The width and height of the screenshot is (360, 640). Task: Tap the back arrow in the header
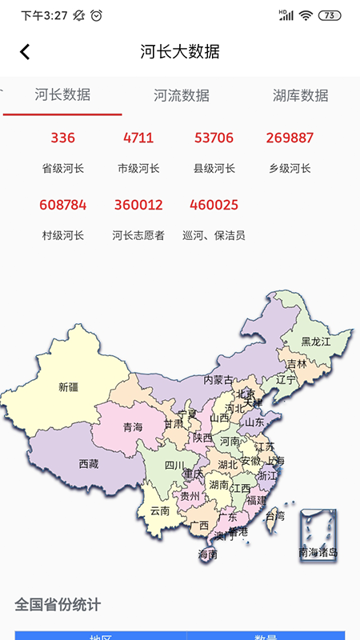tap(25, 52)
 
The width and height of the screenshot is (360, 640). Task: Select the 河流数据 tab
tap(182, 95)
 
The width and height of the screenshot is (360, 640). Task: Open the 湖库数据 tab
tap(300, 95)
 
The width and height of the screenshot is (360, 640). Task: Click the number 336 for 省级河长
tap(62, 138)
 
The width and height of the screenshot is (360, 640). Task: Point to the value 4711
tap(138, 138)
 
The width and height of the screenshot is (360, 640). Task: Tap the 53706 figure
tap(214, 138)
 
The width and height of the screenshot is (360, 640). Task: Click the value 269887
tap(290, 138)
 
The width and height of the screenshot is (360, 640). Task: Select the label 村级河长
tap(62, 235)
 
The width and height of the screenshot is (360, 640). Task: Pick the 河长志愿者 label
tap(138, 235)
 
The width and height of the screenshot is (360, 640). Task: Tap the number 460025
tap(214, 205)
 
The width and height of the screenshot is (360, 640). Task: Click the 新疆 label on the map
tap(70, 388)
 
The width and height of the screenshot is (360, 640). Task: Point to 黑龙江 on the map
tap(315, 342)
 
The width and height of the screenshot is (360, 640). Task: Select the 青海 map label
tap(133, 428)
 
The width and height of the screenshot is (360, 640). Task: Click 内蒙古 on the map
tap(218, 380)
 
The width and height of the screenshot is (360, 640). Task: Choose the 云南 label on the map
tap(160, 510)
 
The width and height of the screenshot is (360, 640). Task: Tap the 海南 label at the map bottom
tap(207, 554)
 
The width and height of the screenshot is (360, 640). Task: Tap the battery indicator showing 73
tap(330, 15)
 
